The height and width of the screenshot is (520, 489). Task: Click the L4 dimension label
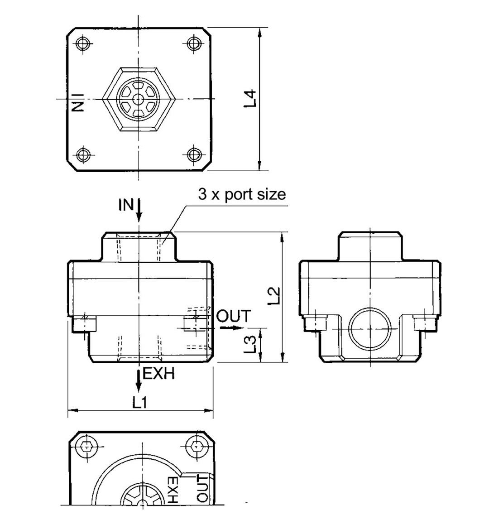coord(251,99)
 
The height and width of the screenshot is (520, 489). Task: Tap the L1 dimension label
coord(140,402)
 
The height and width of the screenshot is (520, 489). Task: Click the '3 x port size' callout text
coord(242,194)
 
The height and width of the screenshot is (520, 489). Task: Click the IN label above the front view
coord(126,205)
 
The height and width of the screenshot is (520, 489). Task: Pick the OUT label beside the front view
coord(233,316)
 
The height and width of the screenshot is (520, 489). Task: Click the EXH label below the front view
coord(158,374)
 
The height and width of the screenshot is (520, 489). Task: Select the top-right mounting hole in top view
coord(194,44)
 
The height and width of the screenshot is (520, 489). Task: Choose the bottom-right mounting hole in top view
coord(194,154)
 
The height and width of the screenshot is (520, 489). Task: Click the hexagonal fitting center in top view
coord(138,99)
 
